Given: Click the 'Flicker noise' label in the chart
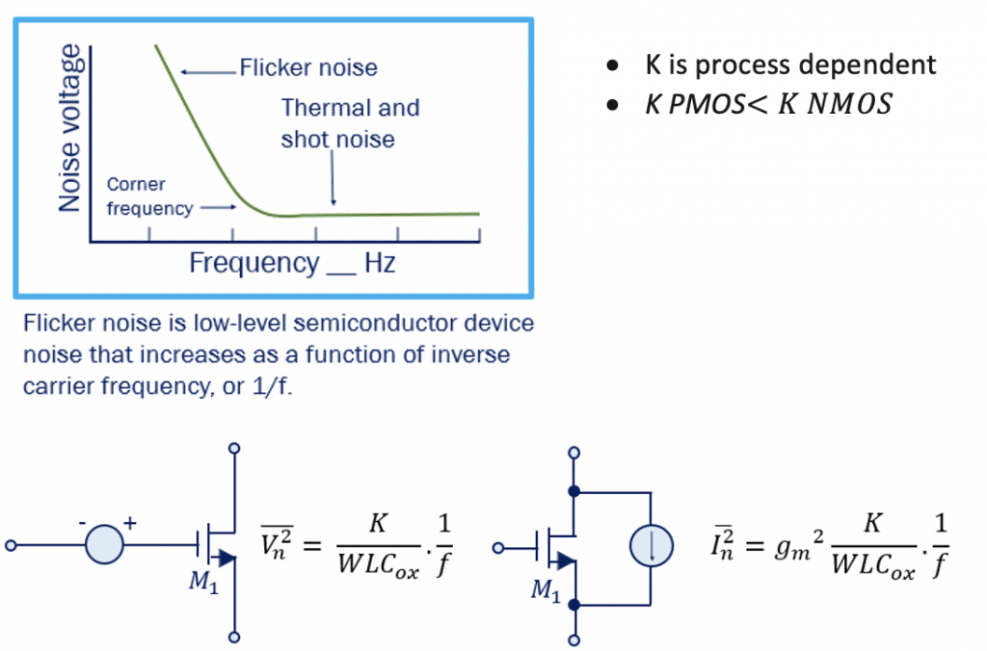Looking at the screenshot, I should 307,68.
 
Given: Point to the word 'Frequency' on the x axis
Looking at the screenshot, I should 253,263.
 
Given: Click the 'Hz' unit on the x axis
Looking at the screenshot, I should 380,263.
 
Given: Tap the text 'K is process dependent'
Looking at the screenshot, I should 789,65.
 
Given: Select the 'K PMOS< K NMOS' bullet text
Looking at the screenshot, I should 767,104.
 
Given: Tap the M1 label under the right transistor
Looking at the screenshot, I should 545,589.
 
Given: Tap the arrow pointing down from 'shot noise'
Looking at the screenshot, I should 333,178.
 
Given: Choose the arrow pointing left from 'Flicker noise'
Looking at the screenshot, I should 206,70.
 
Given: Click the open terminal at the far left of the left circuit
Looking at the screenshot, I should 12,546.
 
